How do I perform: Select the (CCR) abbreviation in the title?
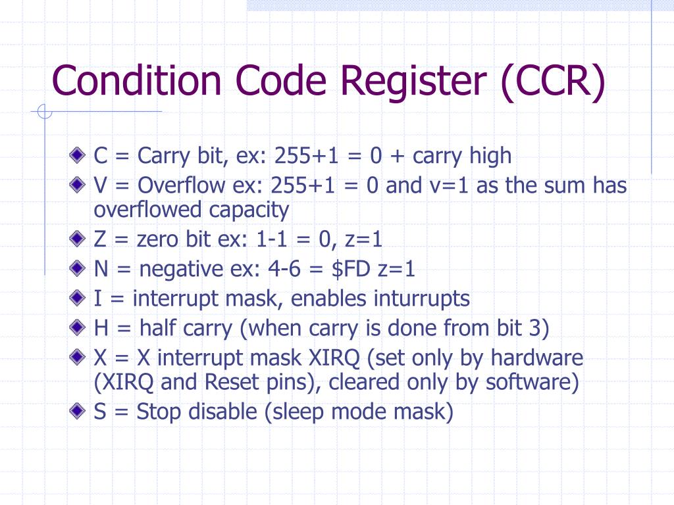click(x=552, y=81)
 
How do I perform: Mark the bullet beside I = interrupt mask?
click(x=79, y=299)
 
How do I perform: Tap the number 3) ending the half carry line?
click(x=540, y=327)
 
